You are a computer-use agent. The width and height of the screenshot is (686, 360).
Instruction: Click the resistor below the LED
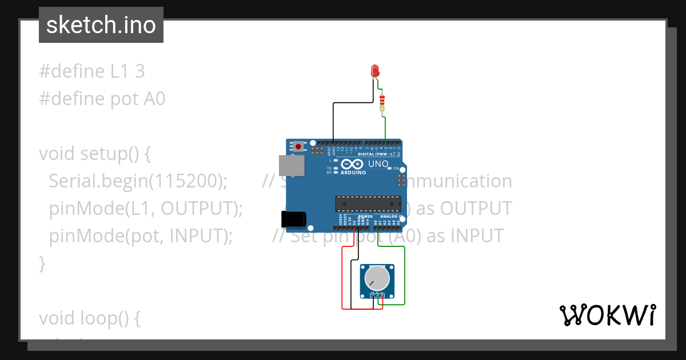[382, 103]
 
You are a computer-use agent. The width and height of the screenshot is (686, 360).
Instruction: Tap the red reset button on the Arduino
[298, 147]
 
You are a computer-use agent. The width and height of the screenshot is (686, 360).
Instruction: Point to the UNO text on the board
[378, 164]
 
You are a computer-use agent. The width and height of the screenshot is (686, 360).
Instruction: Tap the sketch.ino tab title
[101, 25]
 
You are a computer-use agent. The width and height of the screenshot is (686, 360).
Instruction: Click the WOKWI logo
[607, 315]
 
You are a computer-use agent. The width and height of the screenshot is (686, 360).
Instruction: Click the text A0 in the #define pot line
[153, 99]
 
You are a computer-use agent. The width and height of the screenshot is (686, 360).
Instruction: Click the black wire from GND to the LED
[334, 123]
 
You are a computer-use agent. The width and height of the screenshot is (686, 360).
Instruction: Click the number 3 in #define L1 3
[139, 71]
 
